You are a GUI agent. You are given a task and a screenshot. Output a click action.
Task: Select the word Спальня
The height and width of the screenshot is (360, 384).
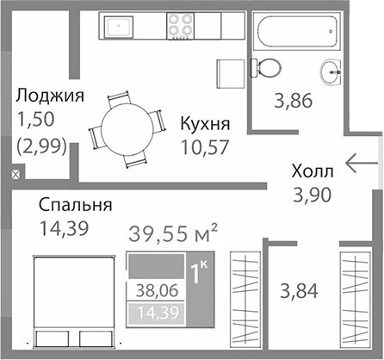point(76,206)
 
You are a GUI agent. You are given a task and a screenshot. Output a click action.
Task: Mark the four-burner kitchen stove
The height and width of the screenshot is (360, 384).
point(180,27)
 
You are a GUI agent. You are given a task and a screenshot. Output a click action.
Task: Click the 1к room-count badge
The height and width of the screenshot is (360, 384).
point(199,276)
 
